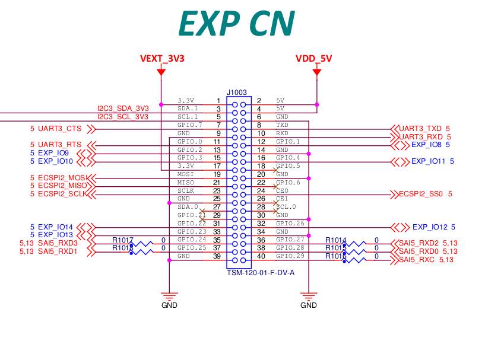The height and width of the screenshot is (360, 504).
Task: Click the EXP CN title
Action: tap(236, 24)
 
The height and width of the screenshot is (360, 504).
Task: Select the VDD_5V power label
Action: tap(314, 59)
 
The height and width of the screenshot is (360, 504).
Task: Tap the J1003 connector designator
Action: tap(237, 93)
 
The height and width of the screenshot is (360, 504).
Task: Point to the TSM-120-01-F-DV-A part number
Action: tap(261, 273)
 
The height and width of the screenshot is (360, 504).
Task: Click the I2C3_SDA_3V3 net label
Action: tap(123, 109)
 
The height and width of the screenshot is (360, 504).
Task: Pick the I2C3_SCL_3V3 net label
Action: tap(123, 117)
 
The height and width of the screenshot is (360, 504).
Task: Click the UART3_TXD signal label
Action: tap(420, 129)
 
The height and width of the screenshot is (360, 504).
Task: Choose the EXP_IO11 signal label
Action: tap(429, 161)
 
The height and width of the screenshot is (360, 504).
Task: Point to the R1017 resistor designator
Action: tap(123, 240)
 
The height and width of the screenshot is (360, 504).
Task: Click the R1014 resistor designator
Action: tap(335, 240)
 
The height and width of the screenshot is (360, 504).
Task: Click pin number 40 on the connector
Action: tap(261, 256)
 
